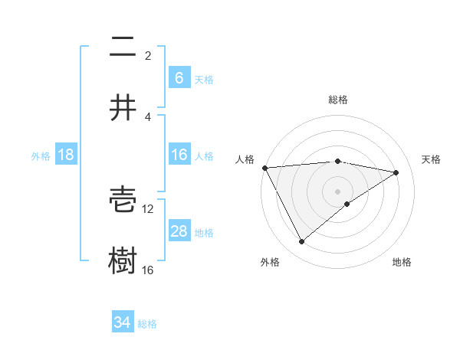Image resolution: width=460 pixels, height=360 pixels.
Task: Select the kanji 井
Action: (x=123, y=108)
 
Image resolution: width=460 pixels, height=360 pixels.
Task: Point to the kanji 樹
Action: (x=123, y=260)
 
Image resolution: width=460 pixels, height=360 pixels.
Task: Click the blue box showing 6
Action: (x=179, y=77)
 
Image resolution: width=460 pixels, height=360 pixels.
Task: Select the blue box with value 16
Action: (x=179, y=155)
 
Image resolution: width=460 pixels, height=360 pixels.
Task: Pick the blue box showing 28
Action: (x=179, y=231)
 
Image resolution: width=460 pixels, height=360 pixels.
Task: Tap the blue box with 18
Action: (x=66, y=155)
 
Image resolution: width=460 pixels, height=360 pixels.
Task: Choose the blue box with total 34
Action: (x=123, y=322)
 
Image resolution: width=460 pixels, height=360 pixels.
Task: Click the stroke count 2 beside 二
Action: (x=148, y=55)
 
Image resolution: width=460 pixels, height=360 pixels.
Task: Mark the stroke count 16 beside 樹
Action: (x=148, y=270)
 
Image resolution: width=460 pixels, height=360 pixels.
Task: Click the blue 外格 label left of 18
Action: (x=41, y=155)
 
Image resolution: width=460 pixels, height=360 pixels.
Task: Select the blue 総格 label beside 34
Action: (x=147, y=323)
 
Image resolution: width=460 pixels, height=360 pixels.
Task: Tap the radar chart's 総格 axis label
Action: (x=338, y=100)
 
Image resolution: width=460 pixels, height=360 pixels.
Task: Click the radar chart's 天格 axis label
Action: (x=432, y=159)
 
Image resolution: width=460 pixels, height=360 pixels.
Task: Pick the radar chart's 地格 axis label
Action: (x=402, y=262)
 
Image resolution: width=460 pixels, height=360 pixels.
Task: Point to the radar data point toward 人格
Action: (x=264, y=168)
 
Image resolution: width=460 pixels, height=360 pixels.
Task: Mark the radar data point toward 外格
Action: (x=301, y=242)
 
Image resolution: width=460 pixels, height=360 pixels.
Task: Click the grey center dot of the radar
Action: (x=338, y=191)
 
